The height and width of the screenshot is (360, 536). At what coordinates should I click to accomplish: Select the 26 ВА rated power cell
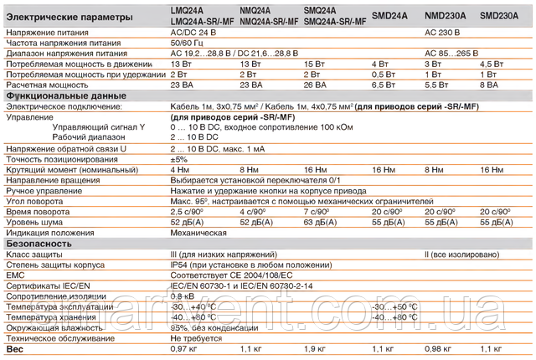tap(316, 85)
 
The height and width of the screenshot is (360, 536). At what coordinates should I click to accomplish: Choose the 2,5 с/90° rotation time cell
tap(187, 211)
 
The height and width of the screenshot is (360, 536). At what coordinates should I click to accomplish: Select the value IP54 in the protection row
tap(178, 265)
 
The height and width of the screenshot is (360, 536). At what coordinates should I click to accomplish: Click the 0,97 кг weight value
tap(183, 348)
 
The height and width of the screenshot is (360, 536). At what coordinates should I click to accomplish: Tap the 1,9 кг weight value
tap(315, 348)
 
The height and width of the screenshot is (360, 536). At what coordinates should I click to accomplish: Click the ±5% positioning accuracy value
tap(178, 159)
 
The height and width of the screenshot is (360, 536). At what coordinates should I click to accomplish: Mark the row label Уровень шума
tap(33, 222)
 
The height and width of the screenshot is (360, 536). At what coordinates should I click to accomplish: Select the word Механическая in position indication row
tap(199, 232)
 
